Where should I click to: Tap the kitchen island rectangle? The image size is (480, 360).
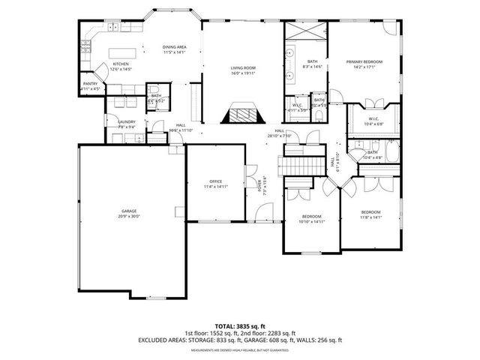tap(123, 53)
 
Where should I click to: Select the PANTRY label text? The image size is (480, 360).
tap(90, 84)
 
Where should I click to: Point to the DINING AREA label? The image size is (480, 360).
tap(175, 48)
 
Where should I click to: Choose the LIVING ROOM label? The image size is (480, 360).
tap(243, 68)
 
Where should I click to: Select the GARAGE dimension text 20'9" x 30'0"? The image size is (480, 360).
tap(130, 217)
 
